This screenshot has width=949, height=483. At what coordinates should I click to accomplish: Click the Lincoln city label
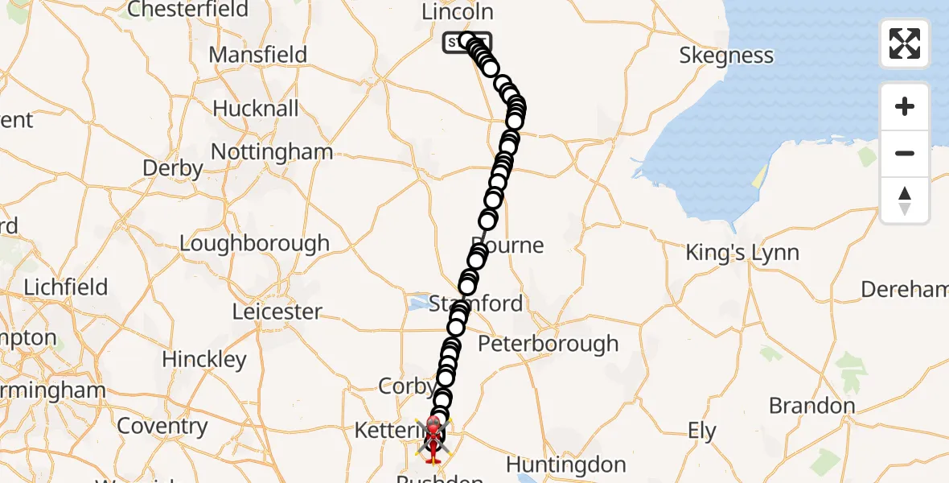click(458, 12)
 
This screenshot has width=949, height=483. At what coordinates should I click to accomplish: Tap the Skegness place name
click(726, 56)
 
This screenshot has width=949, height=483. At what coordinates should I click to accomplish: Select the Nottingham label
click(272, 151)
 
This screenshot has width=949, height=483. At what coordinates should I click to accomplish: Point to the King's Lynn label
click(742, 253)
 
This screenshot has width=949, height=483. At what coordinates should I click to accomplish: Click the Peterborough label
click(548, 344)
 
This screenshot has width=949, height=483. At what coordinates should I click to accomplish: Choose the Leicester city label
click(277, 311)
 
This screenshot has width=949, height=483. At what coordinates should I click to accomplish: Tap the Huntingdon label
click(566, 464)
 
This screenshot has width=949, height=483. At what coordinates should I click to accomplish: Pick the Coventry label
click(162, 426)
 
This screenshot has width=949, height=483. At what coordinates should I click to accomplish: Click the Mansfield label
click(257, 55)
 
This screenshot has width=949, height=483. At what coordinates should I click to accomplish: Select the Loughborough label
click(254, 243)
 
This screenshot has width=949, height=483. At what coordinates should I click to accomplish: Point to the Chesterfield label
click(188, 10)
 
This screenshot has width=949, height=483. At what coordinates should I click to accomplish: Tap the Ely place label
click(702, 431)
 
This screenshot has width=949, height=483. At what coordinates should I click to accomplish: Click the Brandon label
click(812, 405)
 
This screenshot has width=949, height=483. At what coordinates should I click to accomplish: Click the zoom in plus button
click(905, 106)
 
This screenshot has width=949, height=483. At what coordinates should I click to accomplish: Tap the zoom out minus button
click(905, 153)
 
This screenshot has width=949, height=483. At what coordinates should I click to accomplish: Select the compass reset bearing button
click(905, 200)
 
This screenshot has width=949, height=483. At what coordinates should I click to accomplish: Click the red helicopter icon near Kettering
click(433, 439)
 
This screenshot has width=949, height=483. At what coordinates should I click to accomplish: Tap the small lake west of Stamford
click(419, 304)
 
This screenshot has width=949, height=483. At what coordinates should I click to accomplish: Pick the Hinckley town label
click(204, 358)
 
